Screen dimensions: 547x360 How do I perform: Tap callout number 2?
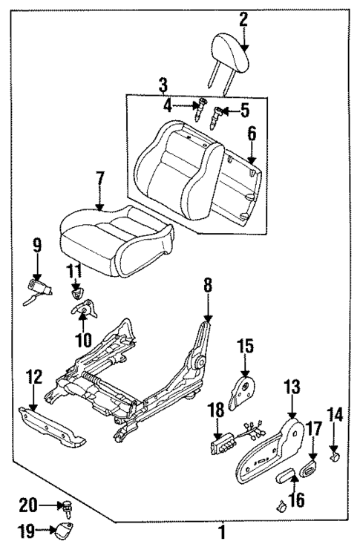tap(243, 21)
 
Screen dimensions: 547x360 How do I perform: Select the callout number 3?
tap(163, 86)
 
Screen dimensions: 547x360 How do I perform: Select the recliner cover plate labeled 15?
tap(242, 390)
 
